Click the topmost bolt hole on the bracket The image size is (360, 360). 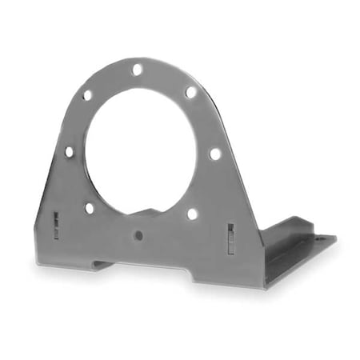pos(137,70)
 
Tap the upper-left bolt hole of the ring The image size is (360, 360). pos(87,94)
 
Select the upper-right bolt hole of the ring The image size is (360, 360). pos(190,92)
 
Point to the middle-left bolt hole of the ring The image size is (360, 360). pos(69,151)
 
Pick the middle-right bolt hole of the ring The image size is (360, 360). pos(214,153)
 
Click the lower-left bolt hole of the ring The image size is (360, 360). pos(89,208)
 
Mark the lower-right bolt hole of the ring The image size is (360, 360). pos(192,214)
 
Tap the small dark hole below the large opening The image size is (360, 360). pos(138,235)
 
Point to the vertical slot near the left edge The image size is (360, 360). pos(56,225)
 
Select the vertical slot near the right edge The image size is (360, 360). pos(230,238)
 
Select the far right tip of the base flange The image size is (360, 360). pos(335,238)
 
